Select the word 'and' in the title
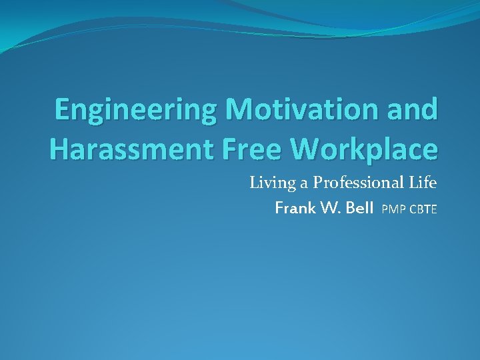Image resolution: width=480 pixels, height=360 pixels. [414, 109]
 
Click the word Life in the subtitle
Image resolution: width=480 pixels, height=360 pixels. [423, 183]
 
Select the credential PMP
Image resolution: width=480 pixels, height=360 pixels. [393, 210]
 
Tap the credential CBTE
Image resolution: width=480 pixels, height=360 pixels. [422, 210]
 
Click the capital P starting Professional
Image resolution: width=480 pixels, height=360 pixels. [317, 183]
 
